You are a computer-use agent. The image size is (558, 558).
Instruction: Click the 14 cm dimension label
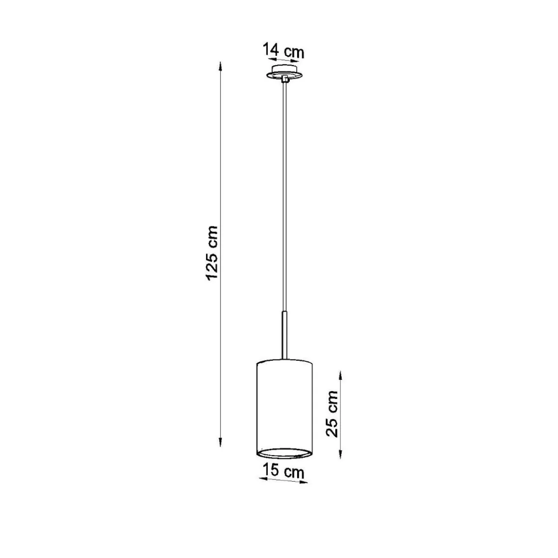(283, 51)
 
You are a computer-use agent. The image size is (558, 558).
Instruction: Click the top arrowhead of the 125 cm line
(220, 66)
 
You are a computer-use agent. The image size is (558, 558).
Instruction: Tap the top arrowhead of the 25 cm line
(341, 376)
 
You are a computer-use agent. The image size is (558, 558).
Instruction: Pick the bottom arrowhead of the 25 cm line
(341, 453)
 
